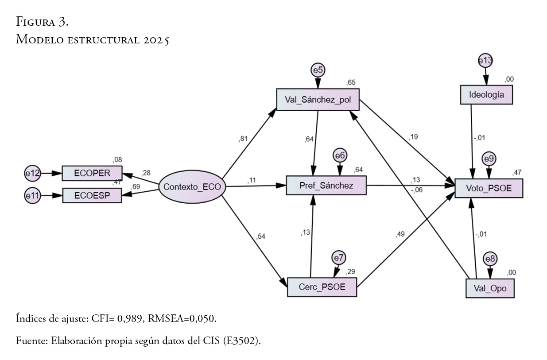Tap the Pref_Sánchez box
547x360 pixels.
point(326,185)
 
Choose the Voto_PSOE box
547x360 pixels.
point(489,188)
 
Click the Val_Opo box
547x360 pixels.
point(490,289)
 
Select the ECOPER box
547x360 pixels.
point(92,173)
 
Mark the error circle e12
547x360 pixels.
point(32,174)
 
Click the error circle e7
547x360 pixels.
point(339,258)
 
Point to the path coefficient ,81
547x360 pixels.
point(243,139)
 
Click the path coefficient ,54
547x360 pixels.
point(261,237)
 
